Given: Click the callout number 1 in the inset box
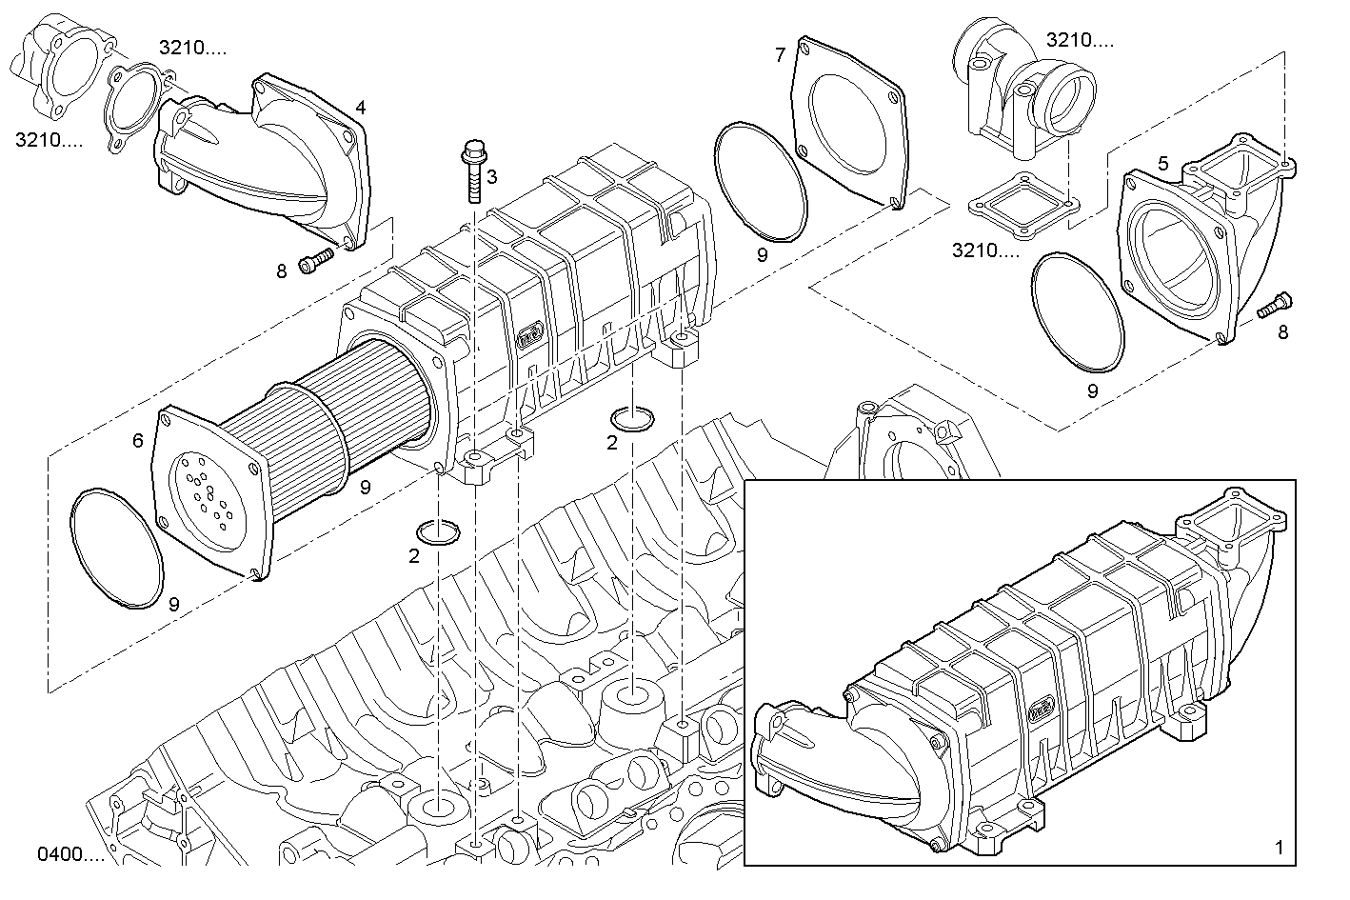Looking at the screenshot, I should click(x=1279, y=847).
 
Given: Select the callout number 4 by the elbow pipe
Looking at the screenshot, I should click(x=360, y=108).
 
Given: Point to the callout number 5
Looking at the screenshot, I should click(x=1162, y=164).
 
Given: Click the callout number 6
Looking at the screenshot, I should click(x=138, y=440).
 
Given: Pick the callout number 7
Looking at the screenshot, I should click(x=780, y=55).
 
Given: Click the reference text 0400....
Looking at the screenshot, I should click(x=70, y=854).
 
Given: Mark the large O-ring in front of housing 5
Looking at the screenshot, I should click(x=1078, y=310).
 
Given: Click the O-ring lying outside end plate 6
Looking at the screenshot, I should click(x=117, y=547).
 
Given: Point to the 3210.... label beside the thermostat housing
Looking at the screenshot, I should click(x=1080, y=40).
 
